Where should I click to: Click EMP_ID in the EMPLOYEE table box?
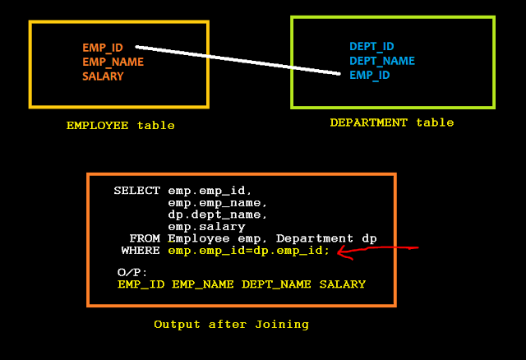(103, 48)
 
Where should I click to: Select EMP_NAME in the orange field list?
(113, 62)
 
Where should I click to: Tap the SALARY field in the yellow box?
(103, 76)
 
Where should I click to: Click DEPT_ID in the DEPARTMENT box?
(371, 47)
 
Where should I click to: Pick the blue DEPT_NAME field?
(381, 61)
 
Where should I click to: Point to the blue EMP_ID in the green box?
(369, 75)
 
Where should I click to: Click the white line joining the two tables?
(238, 60)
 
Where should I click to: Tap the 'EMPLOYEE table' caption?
(120, 126)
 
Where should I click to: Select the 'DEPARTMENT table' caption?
(391, 122)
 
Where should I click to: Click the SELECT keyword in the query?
(137, 191)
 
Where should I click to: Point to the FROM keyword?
(145, 238)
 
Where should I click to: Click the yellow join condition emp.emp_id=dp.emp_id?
(248, 250)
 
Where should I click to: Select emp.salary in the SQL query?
(206, 226)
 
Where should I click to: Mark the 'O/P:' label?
(131, 272)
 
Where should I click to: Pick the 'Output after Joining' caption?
(231, 325)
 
